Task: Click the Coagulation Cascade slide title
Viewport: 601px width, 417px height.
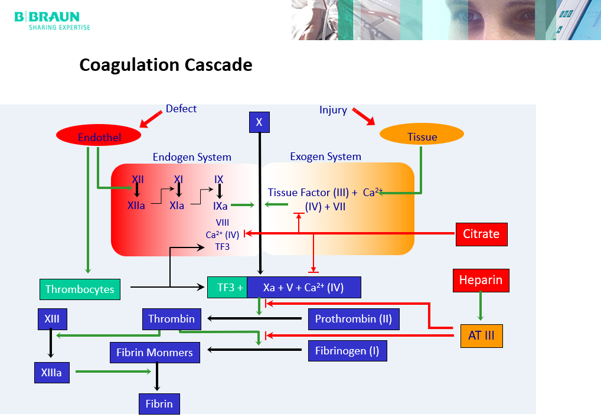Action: pos(166,64)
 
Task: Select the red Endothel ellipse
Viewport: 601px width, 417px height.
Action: pos(99,136)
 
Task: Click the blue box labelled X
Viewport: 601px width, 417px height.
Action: pos(259,122)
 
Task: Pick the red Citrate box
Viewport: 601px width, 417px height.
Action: pos(481,234)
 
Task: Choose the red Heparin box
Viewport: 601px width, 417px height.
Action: pos(481,280)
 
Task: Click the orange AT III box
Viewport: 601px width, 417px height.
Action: pos(481,335)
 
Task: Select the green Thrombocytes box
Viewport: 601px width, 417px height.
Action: pos(80,289)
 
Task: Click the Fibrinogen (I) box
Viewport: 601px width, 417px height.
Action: pos(347,351)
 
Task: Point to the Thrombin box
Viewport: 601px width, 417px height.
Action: pos(171,319)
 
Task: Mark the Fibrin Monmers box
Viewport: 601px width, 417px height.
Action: pos(155,353)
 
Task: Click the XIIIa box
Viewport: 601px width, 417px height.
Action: pos(51,373)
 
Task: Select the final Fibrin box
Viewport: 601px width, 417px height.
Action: pos(159,404)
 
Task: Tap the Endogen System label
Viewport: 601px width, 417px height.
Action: pos(192,157)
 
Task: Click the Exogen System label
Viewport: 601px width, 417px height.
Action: pos(325,157)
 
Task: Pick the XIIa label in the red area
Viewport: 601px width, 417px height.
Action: pos(136,206)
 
